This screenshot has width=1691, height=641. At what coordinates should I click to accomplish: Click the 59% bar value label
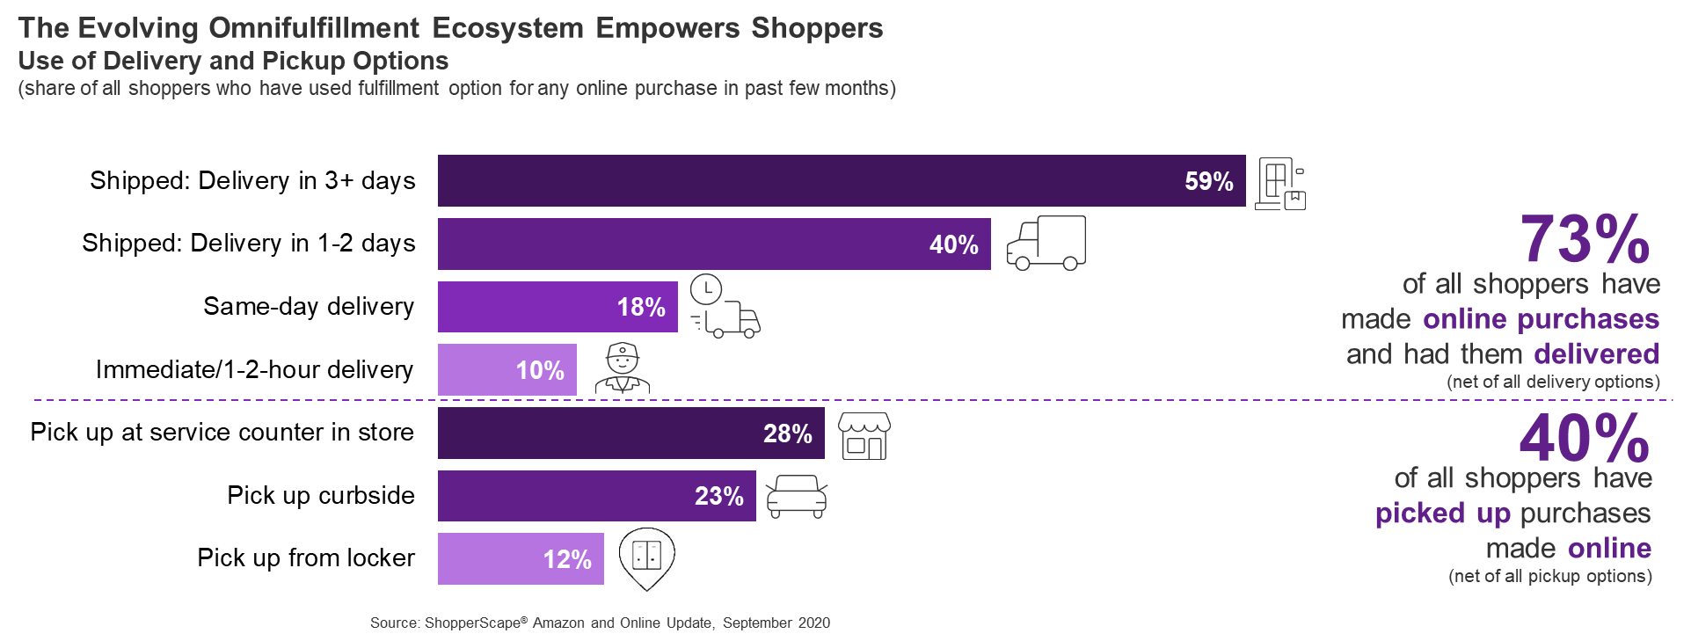pyautogui.click(x=1208, y=181)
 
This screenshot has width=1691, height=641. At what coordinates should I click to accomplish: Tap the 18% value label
pyautogui.click(x=641, y=307)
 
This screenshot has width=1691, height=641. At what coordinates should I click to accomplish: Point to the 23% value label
pyautogui.click(x=718, y=496)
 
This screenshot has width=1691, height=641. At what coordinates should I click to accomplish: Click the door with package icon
pyautogui.click(x=1279, y=184)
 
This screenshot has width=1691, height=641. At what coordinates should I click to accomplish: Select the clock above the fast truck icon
pyautogui.click(x=706, y=289)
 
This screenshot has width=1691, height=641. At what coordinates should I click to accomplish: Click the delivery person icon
pyautogui.click(x=623, y=368)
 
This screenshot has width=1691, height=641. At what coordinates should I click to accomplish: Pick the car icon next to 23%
pyautogui.click(x=797, y=497)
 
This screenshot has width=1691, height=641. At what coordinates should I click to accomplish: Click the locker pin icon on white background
pyautogui.click(x=647, y=559)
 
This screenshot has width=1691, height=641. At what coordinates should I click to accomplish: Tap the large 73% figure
pyautogui.click(x=1585, y=239)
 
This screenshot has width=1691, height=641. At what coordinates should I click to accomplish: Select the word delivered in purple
pyautogui.click(x=1596, y=353)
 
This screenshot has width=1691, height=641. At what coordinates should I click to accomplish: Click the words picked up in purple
pyautogui.click(x=1442, y=513)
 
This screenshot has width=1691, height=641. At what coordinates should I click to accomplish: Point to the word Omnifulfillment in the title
pyautogui.click(x=314, y=27)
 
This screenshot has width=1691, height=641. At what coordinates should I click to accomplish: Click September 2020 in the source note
pyautogui.click(x=776, y=623)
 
